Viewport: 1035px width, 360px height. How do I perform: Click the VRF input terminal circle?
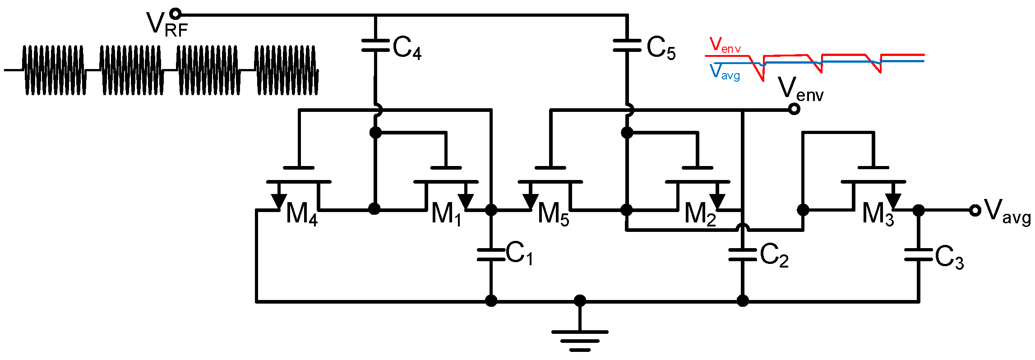click(176, 14)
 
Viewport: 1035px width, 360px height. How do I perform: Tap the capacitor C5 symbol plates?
click(627, 45)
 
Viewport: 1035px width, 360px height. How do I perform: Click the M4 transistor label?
click(301, 214)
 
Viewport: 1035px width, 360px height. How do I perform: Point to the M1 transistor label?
click(446, 214)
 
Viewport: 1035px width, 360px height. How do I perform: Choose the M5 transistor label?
click(553, 214)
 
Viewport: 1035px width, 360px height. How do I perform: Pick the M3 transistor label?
click(878, 214)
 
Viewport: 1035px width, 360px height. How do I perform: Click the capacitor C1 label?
click(519, 254)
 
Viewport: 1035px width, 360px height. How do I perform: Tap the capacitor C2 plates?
click(742, 255)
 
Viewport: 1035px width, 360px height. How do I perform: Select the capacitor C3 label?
click(949, 258)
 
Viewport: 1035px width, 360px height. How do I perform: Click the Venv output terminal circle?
click(794, 109)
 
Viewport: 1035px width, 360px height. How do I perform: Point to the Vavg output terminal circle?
click(975, 210)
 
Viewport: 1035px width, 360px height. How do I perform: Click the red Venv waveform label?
click(725, 46)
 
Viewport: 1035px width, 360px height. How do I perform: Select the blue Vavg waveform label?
click(725, 72)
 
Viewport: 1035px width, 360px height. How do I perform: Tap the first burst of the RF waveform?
click(54, 70)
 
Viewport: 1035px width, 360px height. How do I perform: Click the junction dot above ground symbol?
click(580, 300)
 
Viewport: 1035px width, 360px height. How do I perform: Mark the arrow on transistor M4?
click(278, 200)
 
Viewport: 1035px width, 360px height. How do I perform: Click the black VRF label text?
click(166, 24)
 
